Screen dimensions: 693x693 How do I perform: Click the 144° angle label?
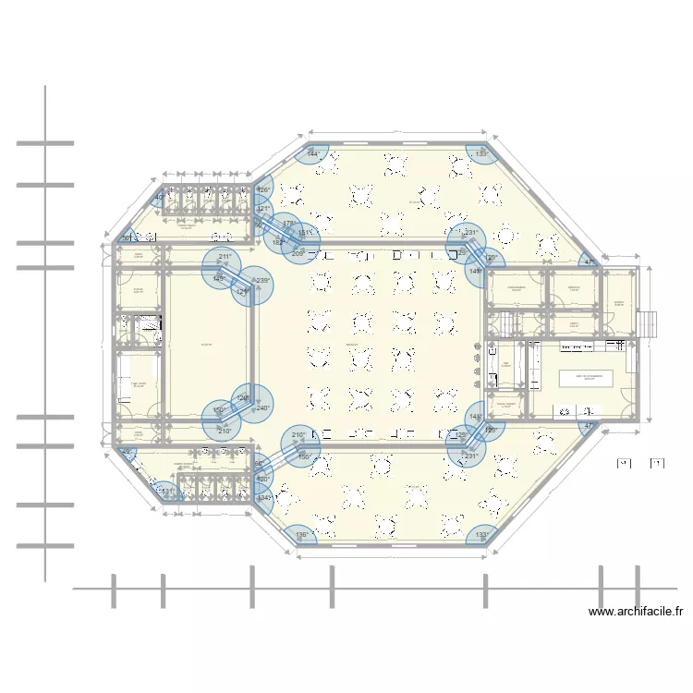[313, 153]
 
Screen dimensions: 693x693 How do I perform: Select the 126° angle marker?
[262, 190]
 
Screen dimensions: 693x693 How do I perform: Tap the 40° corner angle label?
[159, 197]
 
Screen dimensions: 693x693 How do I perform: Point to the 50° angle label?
[127, 238]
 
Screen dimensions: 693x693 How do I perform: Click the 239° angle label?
[261, 281]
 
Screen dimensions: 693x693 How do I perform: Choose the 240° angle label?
[262, 407]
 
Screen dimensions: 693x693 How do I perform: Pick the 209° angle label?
[298, 253]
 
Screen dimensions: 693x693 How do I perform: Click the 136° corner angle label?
[301, 534]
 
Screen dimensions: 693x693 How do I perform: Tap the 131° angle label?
[166, 491]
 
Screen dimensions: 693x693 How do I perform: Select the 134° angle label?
[263, 498]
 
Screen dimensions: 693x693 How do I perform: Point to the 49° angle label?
[127, 452]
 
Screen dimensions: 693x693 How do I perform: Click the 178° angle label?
[289, 224]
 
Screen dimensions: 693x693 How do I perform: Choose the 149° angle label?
[218, 278]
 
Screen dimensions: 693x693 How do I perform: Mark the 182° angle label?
[278, 243]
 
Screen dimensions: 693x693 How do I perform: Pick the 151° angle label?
[305, 233]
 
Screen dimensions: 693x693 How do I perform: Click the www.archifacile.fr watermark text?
[636, 611]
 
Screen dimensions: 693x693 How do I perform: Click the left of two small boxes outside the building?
[623, 462]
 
